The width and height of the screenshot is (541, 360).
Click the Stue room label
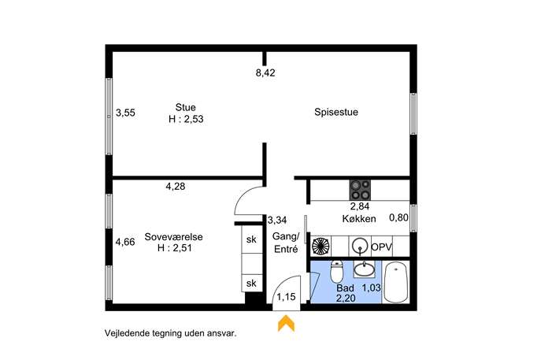[186, 107]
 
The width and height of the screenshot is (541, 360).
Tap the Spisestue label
[336, 112]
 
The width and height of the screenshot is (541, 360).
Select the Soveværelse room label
[173, 237]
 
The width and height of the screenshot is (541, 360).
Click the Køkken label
[359, 218]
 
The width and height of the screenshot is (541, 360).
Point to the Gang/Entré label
[286, 243]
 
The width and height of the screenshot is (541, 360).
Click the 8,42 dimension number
[265, 72]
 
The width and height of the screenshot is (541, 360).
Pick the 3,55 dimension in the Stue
[125, 113]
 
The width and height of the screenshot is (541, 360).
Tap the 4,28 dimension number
[176, 187]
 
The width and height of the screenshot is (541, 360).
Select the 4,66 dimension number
[125, 242]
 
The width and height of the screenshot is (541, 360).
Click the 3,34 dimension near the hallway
[277, 220]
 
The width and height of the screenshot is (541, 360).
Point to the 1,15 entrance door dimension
[286, 296]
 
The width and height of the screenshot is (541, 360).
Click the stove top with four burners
[360, 190]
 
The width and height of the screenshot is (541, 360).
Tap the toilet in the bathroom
[336, 271]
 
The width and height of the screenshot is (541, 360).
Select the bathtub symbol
[396, 282]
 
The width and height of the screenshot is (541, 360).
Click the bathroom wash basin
[364, 269]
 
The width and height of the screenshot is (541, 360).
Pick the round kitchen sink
[360, 247]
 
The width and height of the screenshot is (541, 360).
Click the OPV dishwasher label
[382, 247]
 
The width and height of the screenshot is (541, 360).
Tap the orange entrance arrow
[286, 324]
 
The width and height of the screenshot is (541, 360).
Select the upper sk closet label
[251, 239]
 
